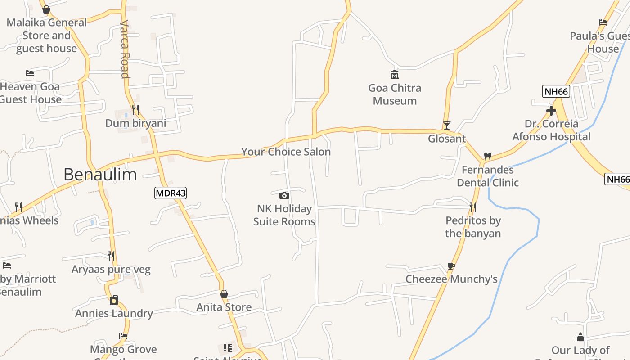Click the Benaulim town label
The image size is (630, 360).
[x=100, y=174]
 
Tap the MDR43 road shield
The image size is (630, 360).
[x=170, y=193]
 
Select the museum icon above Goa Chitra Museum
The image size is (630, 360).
[x=395, y=74]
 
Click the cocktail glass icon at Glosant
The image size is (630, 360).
[x=446, y=125]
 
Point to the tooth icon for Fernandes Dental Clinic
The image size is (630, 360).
[x=487, y=156]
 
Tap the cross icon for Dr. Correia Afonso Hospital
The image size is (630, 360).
[x=551, y=110]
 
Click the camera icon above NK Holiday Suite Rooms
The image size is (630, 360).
[x=284, y=195]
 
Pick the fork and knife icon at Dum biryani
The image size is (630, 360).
[x=135, y=109]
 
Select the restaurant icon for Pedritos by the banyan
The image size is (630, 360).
[x=473, y=207]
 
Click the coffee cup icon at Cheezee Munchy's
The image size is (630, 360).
[x=451, y=266]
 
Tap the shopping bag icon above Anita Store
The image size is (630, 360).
[x=224, y=294]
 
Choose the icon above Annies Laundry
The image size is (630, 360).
[x=114, y=300]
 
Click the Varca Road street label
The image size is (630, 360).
[x=125, y=49]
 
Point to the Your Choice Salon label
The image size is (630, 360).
[x=286, y=152]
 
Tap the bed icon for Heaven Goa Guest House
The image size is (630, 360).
[x=30, y=73]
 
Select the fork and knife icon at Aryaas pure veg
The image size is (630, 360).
[x=111, y=256]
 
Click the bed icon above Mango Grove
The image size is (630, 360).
[x=123, y=336]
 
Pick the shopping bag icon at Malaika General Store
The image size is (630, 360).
[x=46, y=9]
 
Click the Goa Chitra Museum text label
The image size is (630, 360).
[x=395, y=94]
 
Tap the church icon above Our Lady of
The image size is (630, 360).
[x=580, y=337]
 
